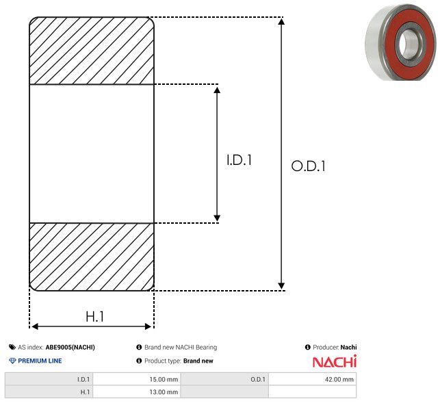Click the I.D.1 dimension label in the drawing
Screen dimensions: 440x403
pyautogui.click(x=239, y=160)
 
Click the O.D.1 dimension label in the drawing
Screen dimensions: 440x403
pyautogui.click(x=309, y=166)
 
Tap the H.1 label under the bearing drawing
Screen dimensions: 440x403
pyautogui.click(x=95, y=317)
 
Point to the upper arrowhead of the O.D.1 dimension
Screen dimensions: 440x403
pyautogui.click(x=281, y=21)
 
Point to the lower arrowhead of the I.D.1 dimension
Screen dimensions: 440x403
pyautogui.click(x=217, y=218)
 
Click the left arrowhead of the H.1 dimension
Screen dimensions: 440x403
pyautogui.click(x=35, y=326)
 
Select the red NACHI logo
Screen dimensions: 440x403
pyautogui.click(x=335, y=361)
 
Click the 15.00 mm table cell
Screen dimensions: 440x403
pyautogui.click(x=137, y=379)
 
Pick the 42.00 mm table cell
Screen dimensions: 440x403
pyautogui.click(x=312, y=379)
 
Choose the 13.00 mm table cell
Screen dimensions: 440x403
pyautogui.click(x=137, y=392)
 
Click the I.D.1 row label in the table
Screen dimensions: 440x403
pyautogui.click(x=49, y=379)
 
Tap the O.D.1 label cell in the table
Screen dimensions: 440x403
pyautogui.click(x=224, y=379)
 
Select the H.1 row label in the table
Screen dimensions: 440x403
pyautogui.click(x=49, y=392)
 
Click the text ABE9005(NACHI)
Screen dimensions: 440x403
pyautogui.click(x=70, y=347)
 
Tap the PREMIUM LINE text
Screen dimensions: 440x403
pyautogui.click(x=40, y=361)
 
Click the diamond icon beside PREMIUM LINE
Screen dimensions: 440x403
pyautogui.click(x=12, y=361)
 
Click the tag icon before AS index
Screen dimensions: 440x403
pyautogui.click(x=12, y=347)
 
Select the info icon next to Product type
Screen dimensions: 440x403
pyautogui.click(x=139, y=361)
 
